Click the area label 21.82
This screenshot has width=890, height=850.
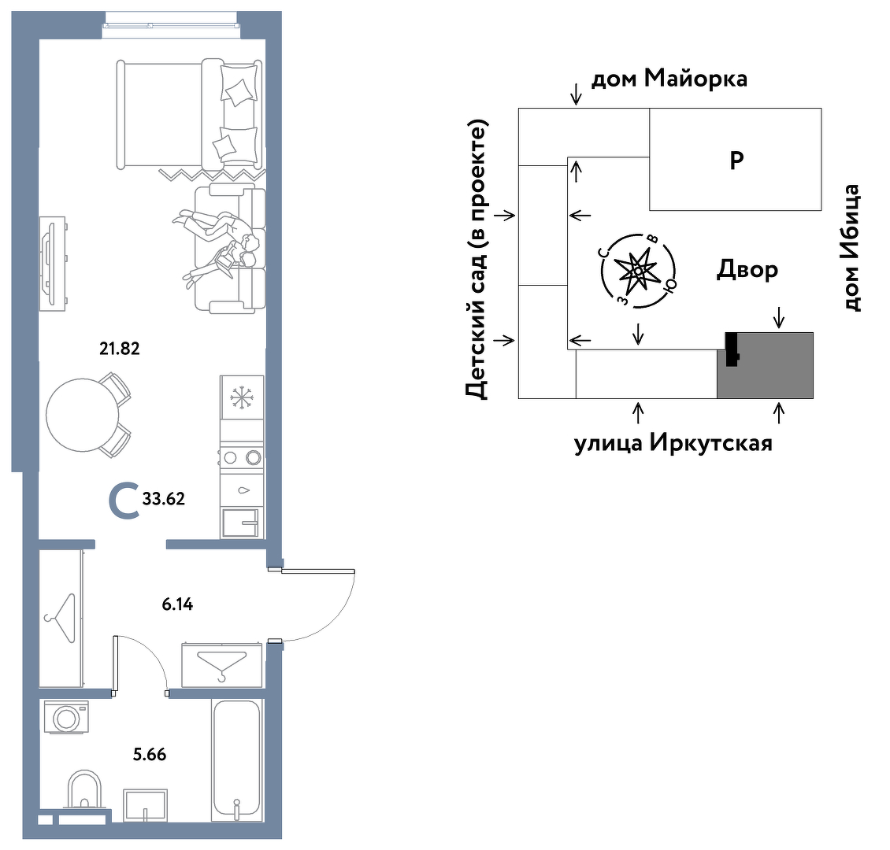[x=120, y=347]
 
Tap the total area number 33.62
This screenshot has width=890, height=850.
[x=164, y=498]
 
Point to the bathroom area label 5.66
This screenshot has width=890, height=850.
[x=149, y=754]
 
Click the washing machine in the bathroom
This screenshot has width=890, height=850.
[x=66, y=717]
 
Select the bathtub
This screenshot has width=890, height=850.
[x=235, y=759]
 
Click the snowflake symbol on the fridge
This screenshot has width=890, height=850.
[x=241, y=397]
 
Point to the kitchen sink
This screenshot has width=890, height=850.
[x=241, y=521]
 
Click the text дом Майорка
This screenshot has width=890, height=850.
[x=669, y=78]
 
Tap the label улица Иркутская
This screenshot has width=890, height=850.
[x=673, y=443]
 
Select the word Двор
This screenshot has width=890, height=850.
[x=747, y=269]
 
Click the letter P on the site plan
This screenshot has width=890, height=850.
[x=736, y=160]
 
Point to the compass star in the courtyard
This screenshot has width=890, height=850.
[x=637, y=270]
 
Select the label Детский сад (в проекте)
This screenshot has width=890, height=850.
[x=477, y=260]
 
